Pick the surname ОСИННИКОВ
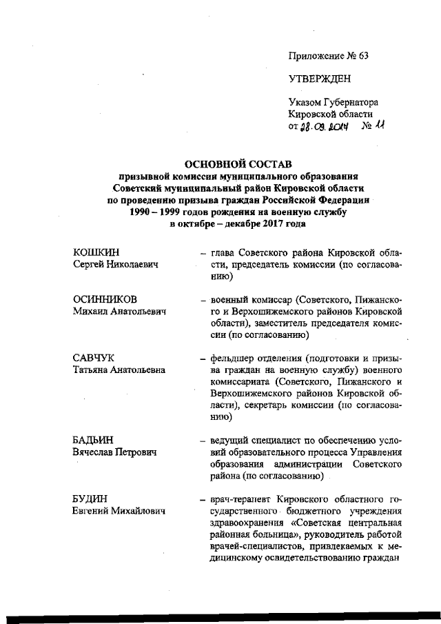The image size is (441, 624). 105,300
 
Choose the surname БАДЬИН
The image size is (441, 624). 93,441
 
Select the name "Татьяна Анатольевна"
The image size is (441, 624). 119,370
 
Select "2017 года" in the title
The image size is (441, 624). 282,224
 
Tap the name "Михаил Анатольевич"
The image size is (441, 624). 121,312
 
